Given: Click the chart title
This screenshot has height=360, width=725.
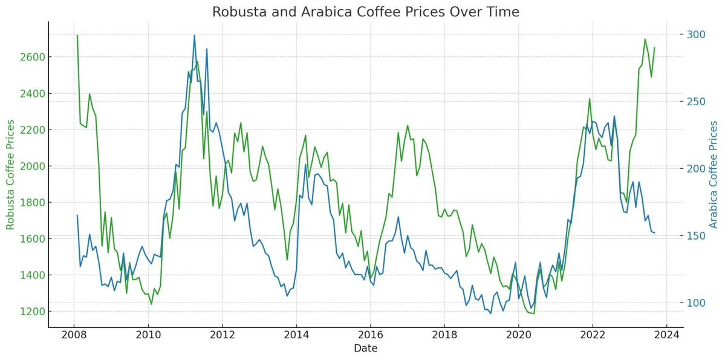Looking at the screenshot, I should click(365, 12).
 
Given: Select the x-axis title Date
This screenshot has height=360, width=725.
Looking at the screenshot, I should click(365, 348).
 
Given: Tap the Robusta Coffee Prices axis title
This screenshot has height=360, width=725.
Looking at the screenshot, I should click(10, 174).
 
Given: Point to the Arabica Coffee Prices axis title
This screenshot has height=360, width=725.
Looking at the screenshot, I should click(714, 174).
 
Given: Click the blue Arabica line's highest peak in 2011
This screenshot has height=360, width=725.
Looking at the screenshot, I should click(194, 35).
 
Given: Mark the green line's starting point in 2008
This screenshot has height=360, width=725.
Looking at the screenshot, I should click(77, 35).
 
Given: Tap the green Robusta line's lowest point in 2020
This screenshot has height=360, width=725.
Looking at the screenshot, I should click(534, 313).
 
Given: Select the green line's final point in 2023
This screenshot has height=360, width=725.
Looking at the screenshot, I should click(654, 47).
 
